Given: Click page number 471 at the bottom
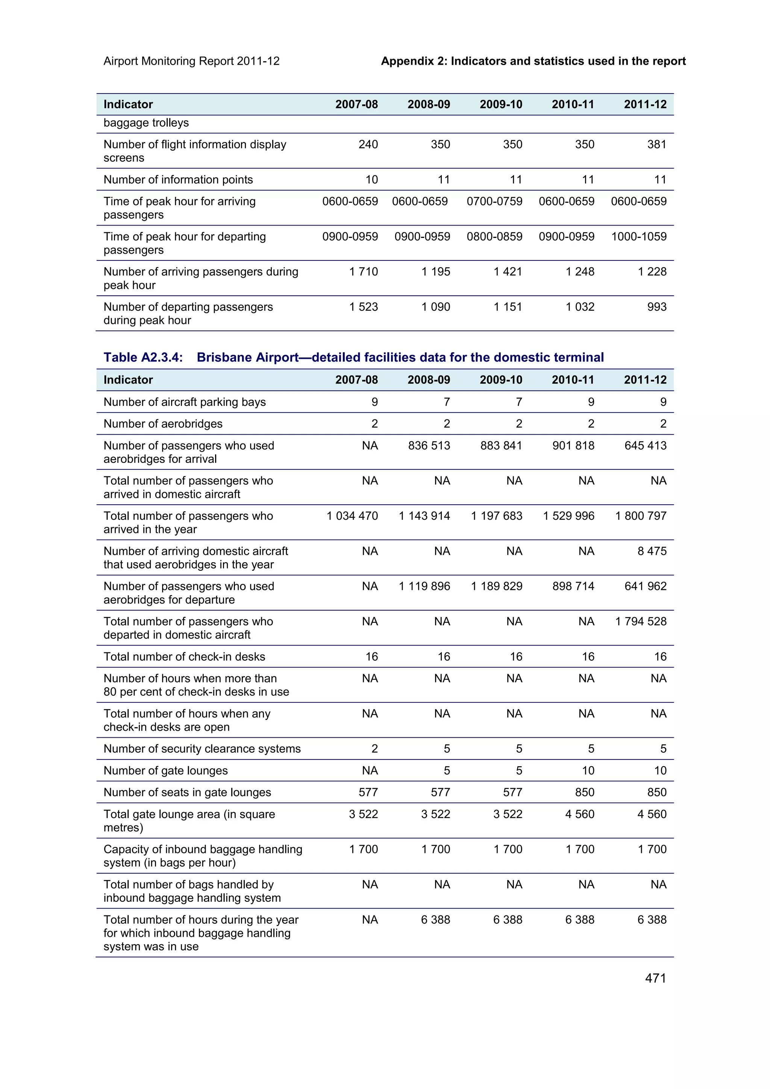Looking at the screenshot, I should pyautogui.click(x=655, y=978).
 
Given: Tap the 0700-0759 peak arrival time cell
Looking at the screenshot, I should pyautogui.click(x=494, y=201).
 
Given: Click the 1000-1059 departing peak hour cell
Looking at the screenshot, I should pyautogui.click(x=638, y=236).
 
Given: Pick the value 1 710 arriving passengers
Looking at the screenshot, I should pyautogui.click(x=364, y=271).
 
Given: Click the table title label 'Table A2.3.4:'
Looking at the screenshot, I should pyautogui.click(x=143, y=357).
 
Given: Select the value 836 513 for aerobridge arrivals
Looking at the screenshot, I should pyautogui.click(x=429, y=445).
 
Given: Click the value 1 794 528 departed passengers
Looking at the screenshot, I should pyautogui.click(x=641, y=621).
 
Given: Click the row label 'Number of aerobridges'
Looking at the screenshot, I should pyautogui.click(x=163, y=423).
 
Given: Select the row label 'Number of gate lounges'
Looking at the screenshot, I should pyautogui.click(x=165, y=770).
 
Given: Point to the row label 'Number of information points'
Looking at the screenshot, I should pyautogui.click(x=178, y=179).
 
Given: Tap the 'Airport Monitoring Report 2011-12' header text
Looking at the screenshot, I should pyautogui.click(x=191, y=61).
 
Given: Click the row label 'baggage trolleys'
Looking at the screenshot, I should pyautogui.click(x=146, y=123).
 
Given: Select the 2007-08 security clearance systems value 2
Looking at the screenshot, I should pyautogui.click(x=374, y=749).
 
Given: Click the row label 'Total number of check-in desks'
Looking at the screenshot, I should pyautogui.click(x=184, y=656).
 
